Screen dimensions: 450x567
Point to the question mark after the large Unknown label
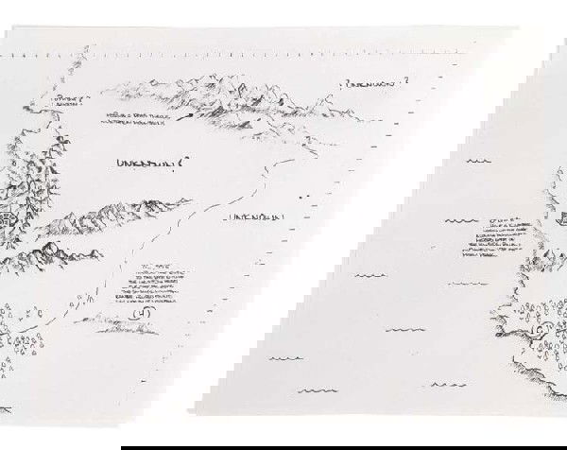coord(181,162)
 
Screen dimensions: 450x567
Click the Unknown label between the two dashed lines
coord(254,218)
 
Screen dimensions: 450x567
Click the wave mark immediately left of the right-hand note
coord(458,221)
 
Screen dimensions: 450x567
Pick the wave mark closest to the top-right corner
coord(478,161)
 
